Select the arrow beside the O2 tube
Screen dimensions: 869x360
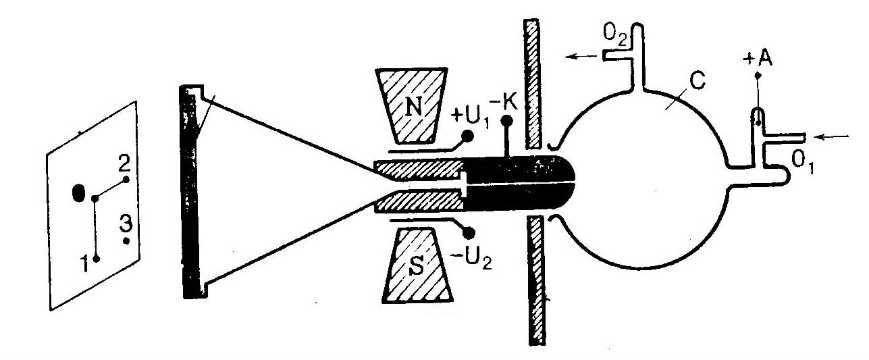coord(581,57)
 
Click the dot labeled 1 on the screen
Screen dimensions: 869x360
coord(97,258)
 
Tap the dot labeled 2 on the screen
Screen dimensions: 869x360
coord(126,180)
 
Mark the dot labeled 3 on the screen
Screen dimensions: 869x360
coord(126,240)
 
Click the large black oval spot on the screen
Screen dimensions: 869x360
coord(79,193)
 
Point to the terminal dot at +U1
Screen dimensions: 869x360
coord(465,136)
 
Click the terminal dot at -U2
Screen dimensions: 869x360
coord(466,232)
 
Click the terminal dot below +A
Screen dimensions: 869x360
coord(757,78)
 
